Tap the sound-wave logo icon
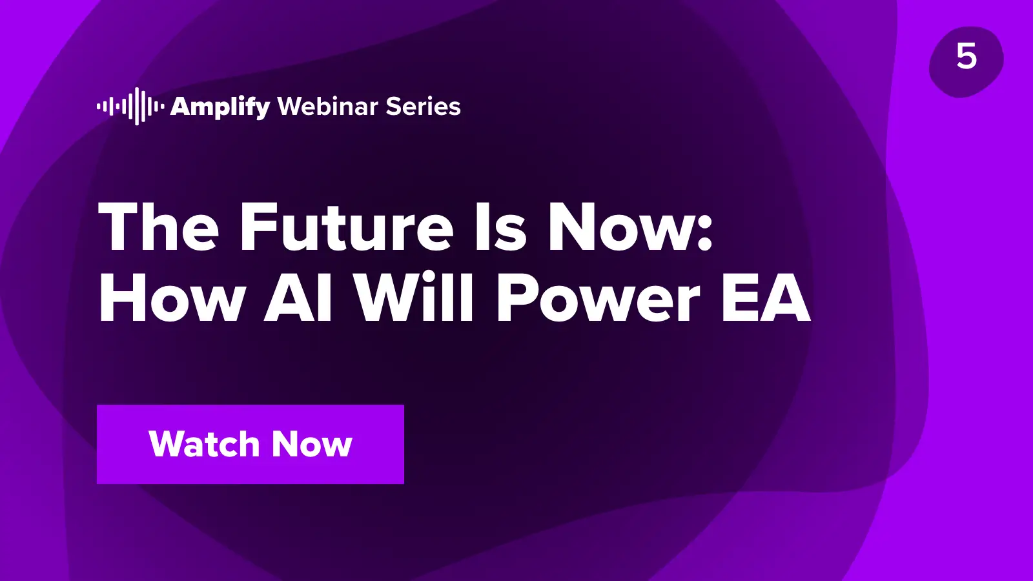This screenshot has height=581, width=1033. pos(130,107)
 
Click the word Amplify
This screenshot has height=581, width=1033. pos(220,107)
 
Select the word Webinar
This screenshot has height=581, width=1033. pos(328,106)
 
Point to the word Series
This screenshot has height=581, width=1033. pos(423,107)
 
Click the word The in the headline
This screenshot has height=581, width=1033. pos(158,226)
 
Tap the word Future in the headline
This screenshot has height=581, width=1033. pos(346,226)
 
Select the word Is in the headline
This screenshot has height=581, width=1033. pos(500,226)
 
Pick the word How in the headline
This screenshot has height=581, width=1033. pos(170,298)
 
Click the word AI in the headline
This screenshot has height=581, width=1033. pos(298,298)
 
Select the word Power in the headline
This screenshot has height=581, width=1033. pos(598,298)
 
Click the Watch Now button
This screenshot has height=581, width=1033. pos(251,445)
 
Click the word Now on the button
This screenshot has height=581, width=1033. pos(312,444)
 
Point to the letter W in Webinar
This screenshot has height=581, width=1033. pos(291,106)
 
